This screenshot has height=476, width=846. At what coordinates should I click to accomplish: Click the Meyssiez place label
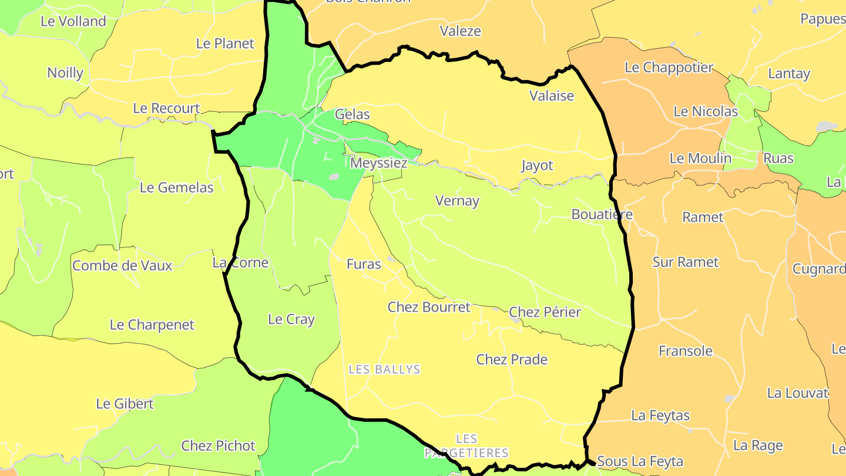(378, 163)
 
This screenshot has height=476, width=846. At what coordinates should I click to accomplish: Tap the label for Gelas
(352, 115)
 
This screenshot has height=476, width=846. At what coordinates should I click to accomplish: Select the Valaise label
(552, 96)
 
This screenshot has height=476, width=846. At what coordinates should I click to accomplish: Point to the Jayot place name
(537, 166)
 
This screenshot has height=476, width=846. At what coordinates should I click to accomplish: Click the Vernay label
(457, 201)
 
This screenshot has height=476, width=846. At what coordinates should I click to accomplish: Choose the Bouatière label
(602, 214)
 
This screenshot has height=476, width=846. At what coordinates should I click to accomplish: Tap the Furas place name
(364, 264)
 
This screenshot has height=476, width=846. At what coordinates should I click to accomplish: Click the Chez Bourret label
(429, 307)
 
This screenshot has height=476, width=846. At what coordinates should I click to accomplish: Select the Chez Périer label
(545, 312)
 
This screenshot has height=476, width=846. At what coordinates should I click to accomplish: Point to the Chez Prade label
(512, 360)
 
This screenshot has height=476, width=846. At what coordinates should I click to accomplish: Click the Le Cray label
(291, 320)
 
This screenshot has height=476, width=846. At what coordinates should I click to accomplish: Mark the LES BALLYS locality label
(385, 370)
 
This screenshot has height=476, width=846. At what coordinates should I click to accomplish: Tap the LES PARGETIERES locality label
(466, 446)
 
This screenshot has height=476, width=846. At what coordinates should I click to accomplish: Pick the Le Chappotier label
(669, 68)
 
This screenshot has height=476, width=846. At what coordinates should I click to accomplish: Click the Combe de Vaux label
(122, 266)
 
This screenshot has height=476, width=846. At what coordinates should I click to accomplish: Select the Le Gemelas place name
(176, 188)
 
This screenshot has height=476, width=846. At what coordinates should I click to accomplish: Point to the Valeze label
(461, 31)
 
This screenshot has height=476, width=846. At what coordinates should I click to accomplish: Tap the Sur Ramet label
(685, 262)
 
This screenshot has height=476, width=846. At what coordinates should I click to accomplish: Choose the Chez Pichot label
(218, 446)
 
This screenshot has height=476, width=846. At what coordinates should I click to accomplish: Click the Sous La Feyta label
(640, 462)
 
